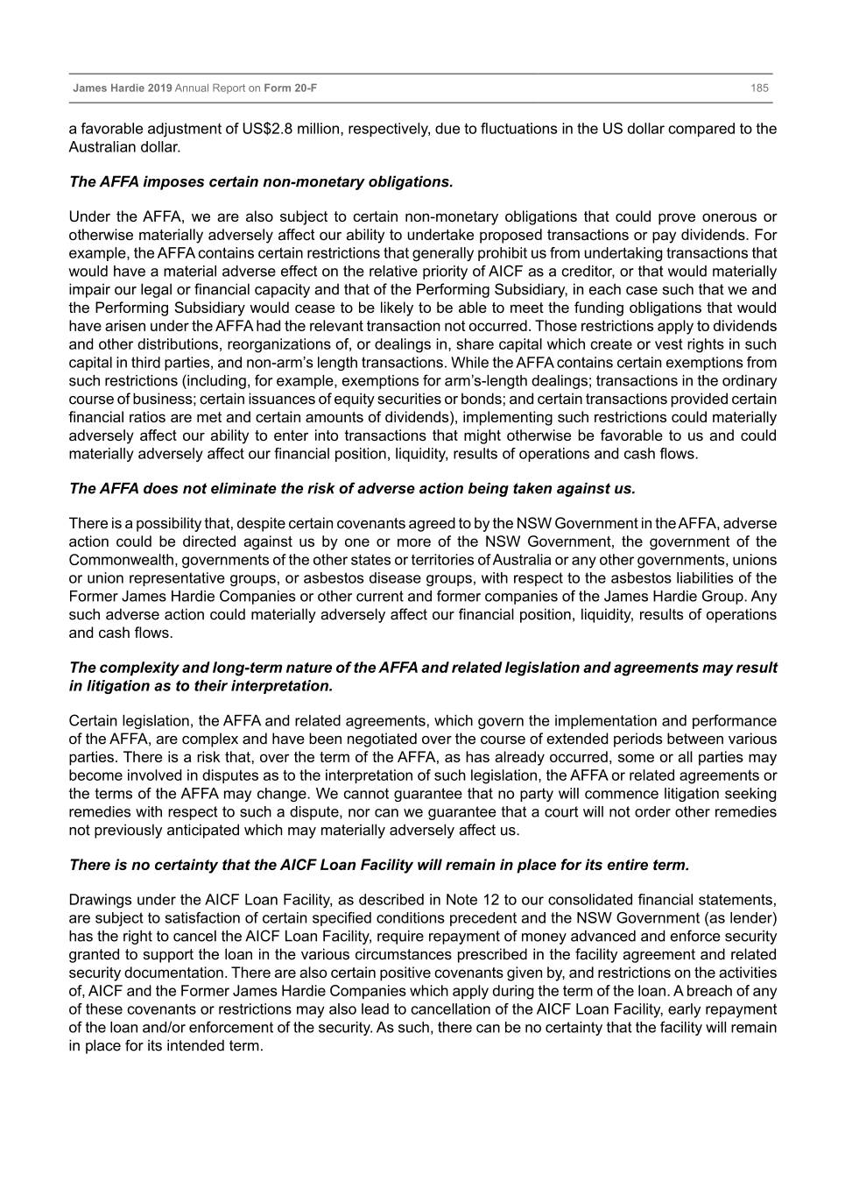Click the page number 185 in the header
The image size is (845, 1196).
click(758, 88)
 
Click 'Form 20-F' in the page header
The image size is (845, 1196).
click(291, 88)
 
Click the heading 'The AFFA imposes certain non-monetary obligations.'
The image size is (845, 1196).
click(261, 182)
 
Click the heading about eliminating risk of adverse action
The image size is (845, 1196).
click(352, 488)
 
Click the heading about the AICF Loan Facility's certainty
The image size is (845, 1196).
click(379, 866)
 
